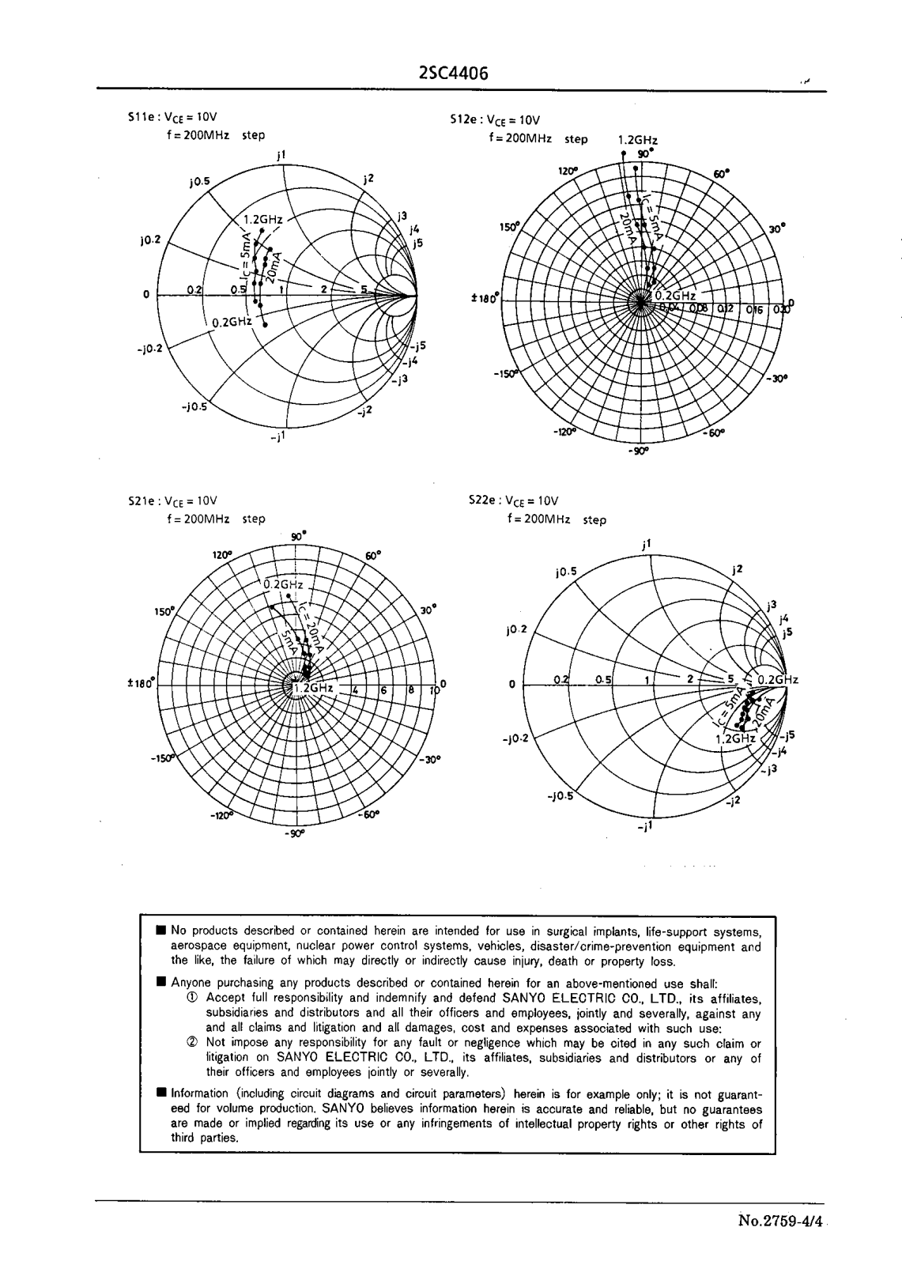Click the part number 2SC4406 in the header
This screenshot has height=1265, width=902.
tap(452, 74)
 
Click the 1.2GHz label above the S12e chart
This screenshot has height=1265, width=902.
tap(637, 140)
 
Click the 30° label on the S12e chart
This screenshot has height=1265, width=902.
tap(777, 229)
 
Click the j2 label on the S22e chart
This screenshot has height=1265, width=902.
tap(737, 569)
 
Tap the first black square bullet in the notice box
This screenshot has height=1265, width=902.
tap(161, 931)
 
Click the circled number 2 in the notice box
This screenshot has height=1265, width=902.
tap(191, 1043)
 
